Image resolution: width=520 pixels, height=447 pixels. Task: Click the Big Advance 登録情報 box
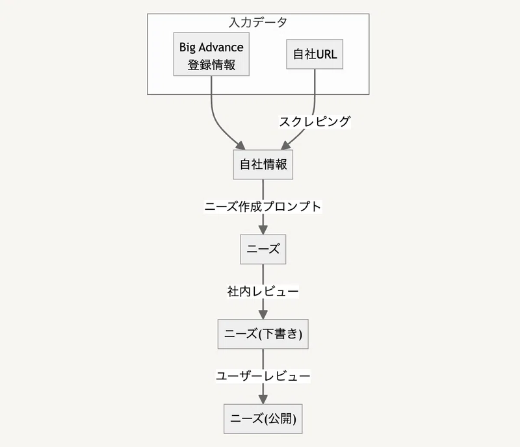211,56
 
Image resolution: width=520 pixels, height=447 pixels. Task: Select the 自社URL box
315,55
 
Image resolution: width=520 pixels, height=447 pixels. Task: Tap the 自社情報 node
263,164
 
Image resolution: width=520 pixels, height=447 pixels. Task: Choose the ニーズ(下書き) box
263,334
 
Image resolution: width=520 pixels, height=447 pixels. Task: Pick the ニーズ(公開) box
263,419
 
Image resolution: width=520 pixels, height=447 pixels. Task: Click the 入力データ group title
258,22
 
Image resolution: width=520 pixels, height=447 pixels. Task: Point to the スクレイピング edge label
315,121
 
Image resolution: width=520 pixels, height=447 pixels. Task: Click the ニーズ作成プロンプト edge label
263,207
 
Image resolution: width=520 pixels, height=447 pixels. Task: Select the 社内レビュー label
263,292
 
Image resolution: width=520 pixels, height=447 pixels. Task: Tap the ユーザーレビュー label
263,376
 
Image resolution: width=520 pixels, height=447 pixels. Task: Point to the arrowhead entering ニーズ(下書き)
263,314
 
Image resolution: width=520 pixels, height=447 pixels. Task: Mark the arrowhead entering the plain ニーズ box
263,229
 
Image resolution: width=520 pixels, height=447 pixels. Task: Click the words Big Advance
211,47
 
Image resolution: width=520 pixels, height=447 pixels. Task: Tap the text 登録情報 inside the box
211,65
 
